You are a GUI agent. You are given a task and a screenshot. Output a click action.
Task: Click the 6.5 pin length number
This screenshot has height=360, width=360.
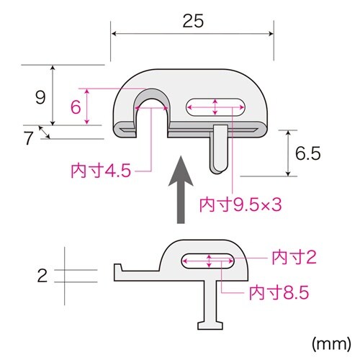pos(307,153)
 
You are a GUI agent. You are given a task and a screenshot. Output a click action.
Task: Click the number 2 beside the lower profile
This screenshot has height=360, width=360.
pos(42,274)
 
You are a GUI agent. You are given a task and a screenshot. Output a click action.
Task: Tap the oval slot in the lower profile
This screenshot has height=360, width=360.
pos(209,261)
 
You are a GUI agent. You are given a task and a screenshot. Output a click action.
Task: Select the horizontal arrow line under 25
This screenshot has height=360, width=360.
pos(192,33)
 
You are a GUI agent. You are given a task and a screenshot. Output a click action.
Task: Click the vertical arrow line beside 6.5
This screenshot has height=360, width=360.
pos(289,153)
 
